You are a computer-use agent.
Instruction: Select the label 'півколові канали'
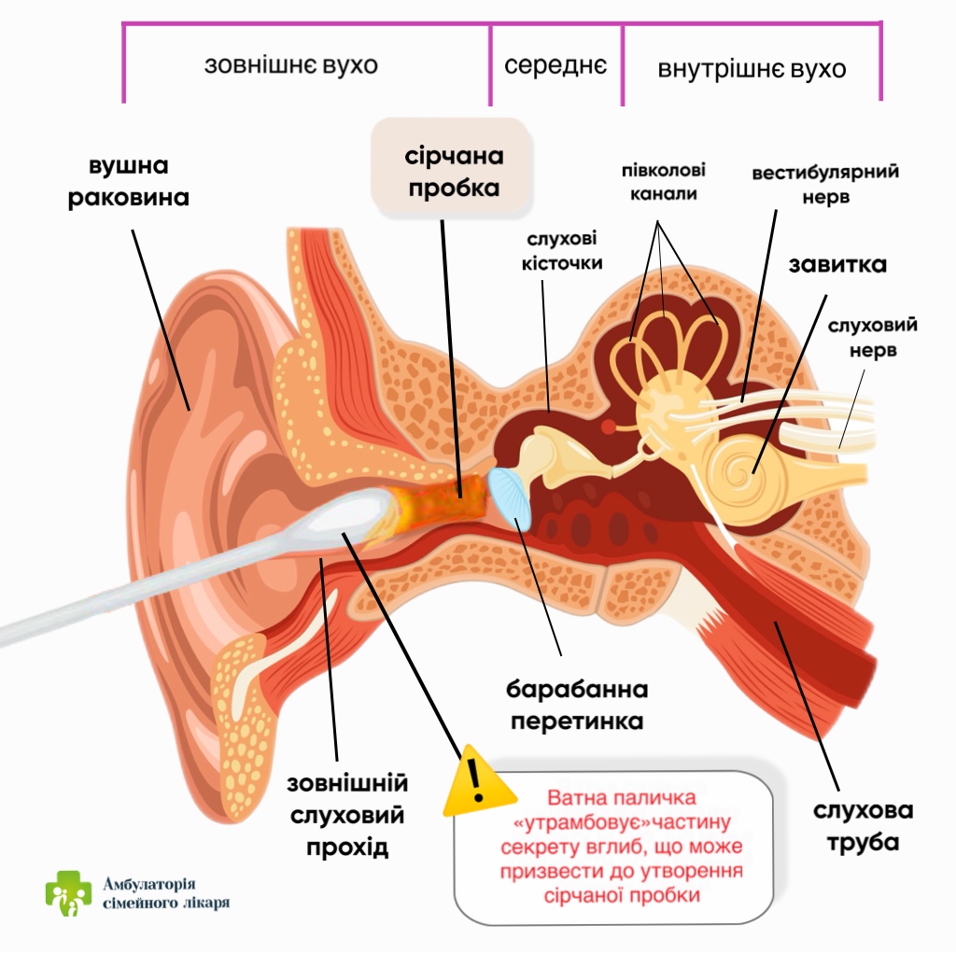coord(664,182)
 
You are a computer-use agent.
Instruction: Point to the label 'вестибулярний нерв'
coord(825,185)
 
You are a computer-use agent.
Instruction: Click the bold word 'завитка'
coord(837,264)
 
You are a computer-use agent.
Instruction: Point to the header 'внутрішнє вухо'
coord(752,69)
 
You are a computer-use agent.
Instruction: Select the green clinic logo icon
coord(69,893)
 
